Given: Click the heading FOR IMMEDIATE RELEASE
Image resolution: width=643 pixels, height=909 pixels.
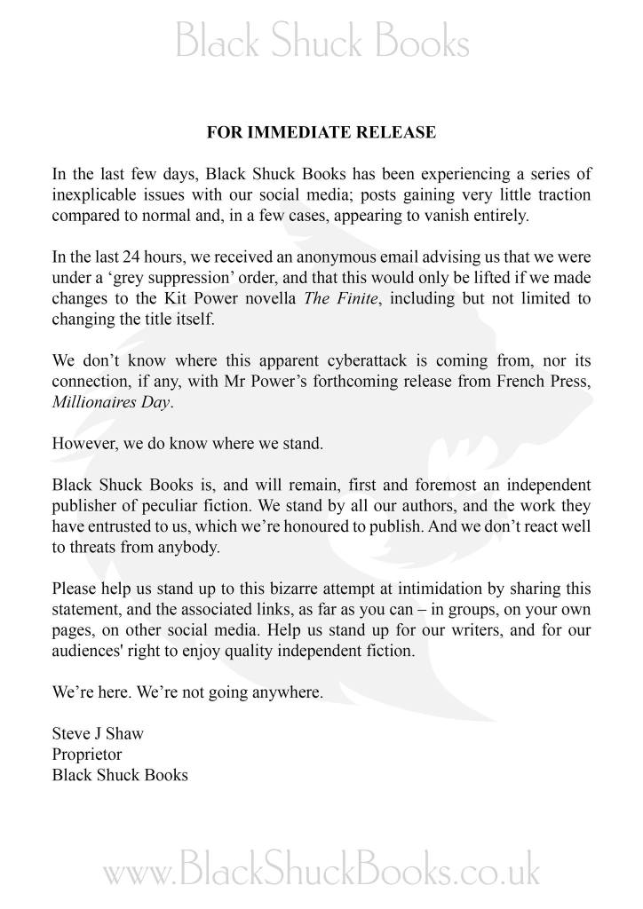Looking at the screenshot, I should click(321, 133).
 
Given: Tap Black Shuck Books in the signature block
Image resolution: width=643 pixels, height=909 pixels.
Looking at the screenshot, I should click(120, 774).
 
